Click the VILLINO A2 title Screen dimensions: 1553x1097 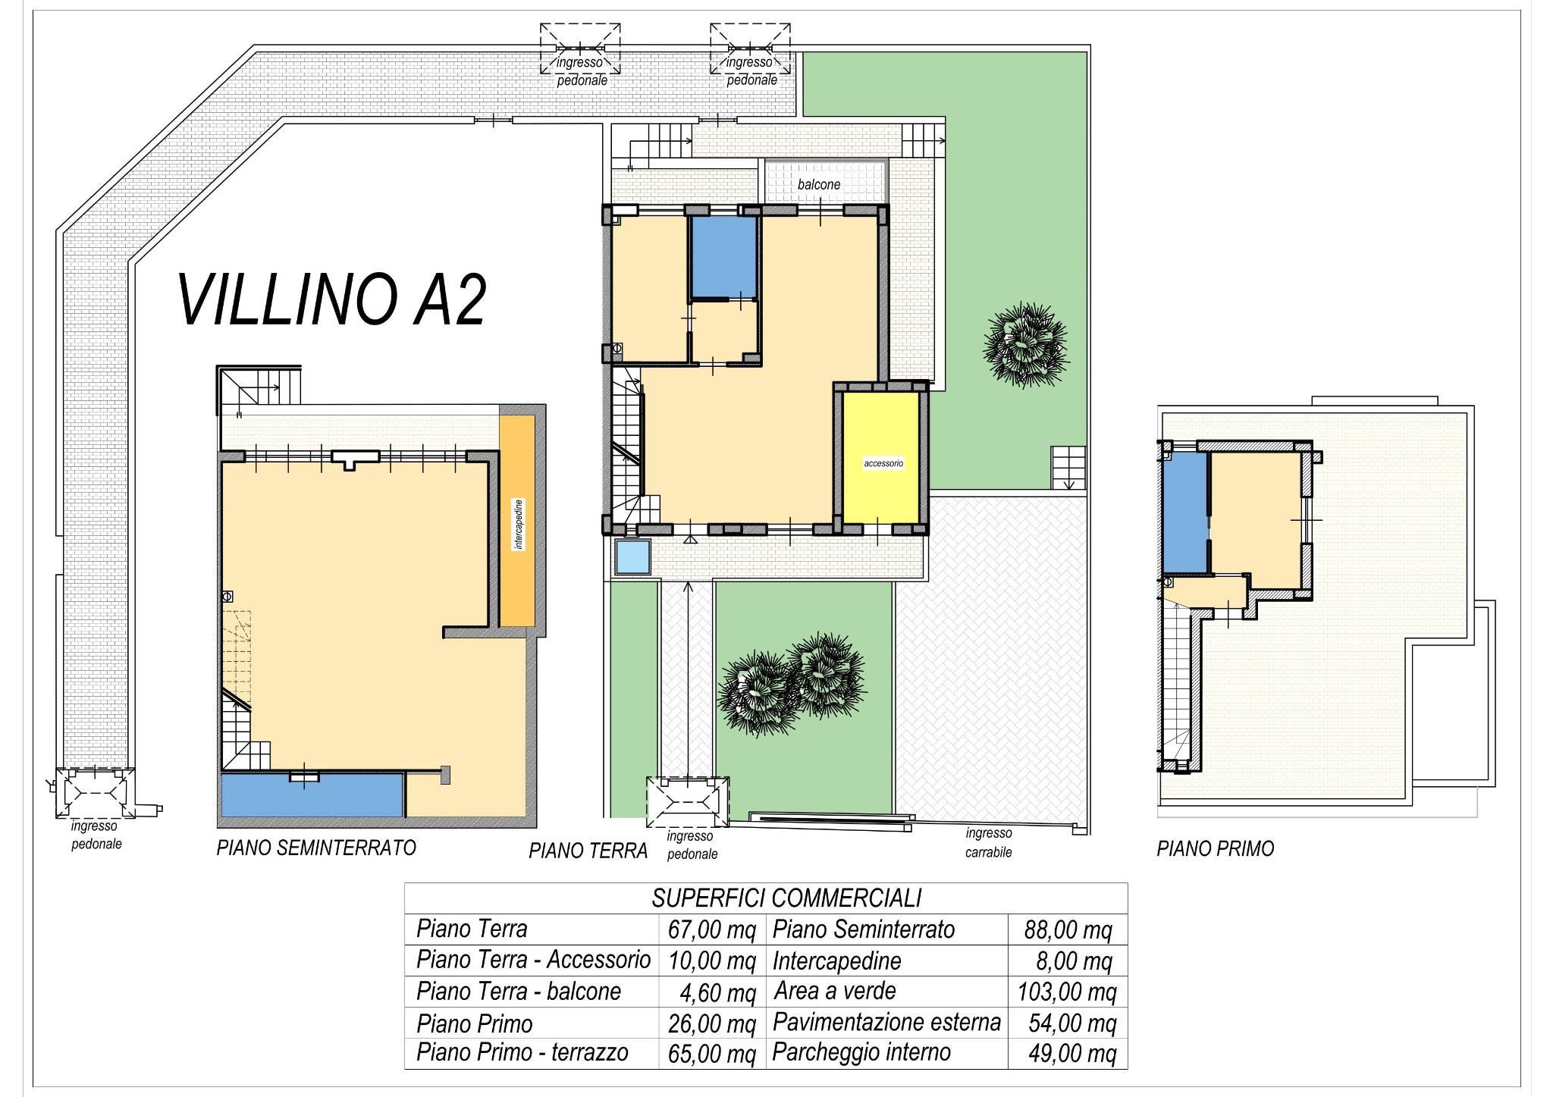pos(331,300)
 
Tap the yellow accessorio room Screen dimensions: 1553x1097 pos(883,457)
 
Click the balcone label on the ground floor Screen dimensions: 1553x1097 pos(819,184)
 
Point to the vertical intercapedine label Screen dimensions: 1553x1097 pos(519,524)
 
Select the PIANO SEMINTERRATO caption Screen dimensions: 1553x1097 pos(316,847)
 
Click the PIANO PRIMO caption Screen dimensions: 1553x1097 pos(1215,848)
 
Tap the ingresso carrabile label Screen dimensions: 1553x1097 pos(989,842)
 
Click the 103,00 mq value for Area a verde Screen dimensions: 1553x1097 pos(1067,992)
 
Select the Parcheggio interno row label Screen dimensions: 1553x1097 pos(861,1052)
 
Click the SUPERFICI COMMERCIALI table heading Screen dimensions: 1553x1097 pos(786,898)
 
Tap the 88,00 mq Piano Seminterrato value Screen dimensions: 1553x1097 pos(1068,930)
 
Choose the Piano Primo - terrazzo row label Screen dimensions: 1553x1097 pos(522,1052)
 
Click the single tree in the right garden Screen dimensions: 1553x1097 pos(1025,345)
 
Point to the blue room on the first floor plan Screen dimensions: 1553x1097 pos(1184,512)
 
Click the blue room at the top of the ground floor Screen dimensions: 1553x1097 pos(724,257)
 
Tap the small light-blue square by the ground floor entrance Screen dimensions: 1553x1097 pos(633,558)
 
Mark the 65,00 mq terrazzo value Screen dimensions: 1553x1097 pos(712,1054)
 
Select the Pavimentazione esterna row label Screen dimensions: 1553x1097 pos(886,1023)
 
